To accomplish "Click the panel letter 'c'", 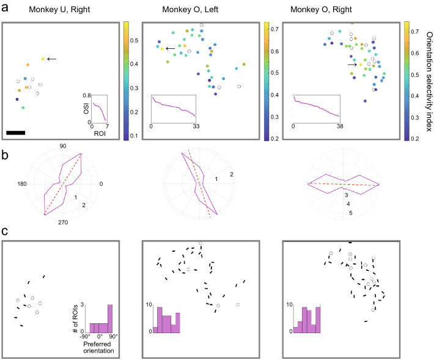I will tap(5, 233).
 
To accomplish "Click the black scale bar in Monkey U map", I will tap(16, 131).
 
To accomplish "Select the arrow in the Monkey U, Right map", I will tap(53, 59).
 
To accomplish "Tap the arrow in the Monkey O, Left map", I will tap(170, 48).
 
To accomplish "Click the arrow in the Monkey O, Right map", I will tap(352, 64).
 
